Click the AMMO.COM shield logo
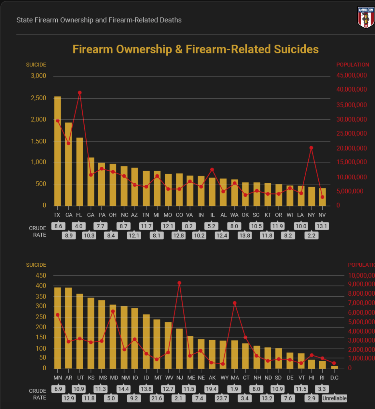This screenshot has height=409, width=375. [x=366, y=18]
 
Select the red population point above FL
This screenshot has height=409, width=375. [x=80, y=93]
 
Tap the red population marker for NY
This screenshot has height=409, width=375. [x=311, y=148]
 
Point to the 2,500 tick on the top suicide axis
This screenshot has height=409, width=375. [x=38, y=98]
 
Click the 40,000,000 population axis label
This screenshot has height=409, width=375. [x=351, y=89]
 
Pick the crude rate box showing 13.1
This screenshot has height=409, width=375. [x=322, y=226]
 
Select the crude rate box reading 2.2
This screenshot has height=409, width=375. [x=312, y=235]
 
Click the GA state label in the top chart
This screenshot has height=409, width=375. [x=90, y=215]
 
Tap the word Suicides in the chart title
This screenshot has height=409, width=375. [x=296, y=49]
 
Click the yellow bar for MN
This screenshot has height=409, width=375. [x=57, y=328]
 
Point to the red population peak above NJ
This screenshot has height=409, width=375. [x=179, y=283]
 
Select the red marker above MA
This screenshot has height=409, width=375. [x=235, y=303]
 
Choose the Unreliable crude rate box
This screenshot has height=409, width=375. [x=334, y=398]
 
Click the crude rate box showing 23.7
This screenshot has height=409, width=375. [x=222, y=398]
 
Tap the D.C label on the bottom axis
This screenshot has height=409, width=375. [x=334, y=378]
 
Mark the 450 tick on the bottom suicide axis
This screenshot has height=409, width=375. [x=41, y=275]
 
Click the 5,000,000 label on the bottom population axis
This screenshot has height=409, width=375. [x=361, y=322]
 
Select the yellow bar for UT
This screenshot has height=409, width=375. [x=80, y=331]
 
